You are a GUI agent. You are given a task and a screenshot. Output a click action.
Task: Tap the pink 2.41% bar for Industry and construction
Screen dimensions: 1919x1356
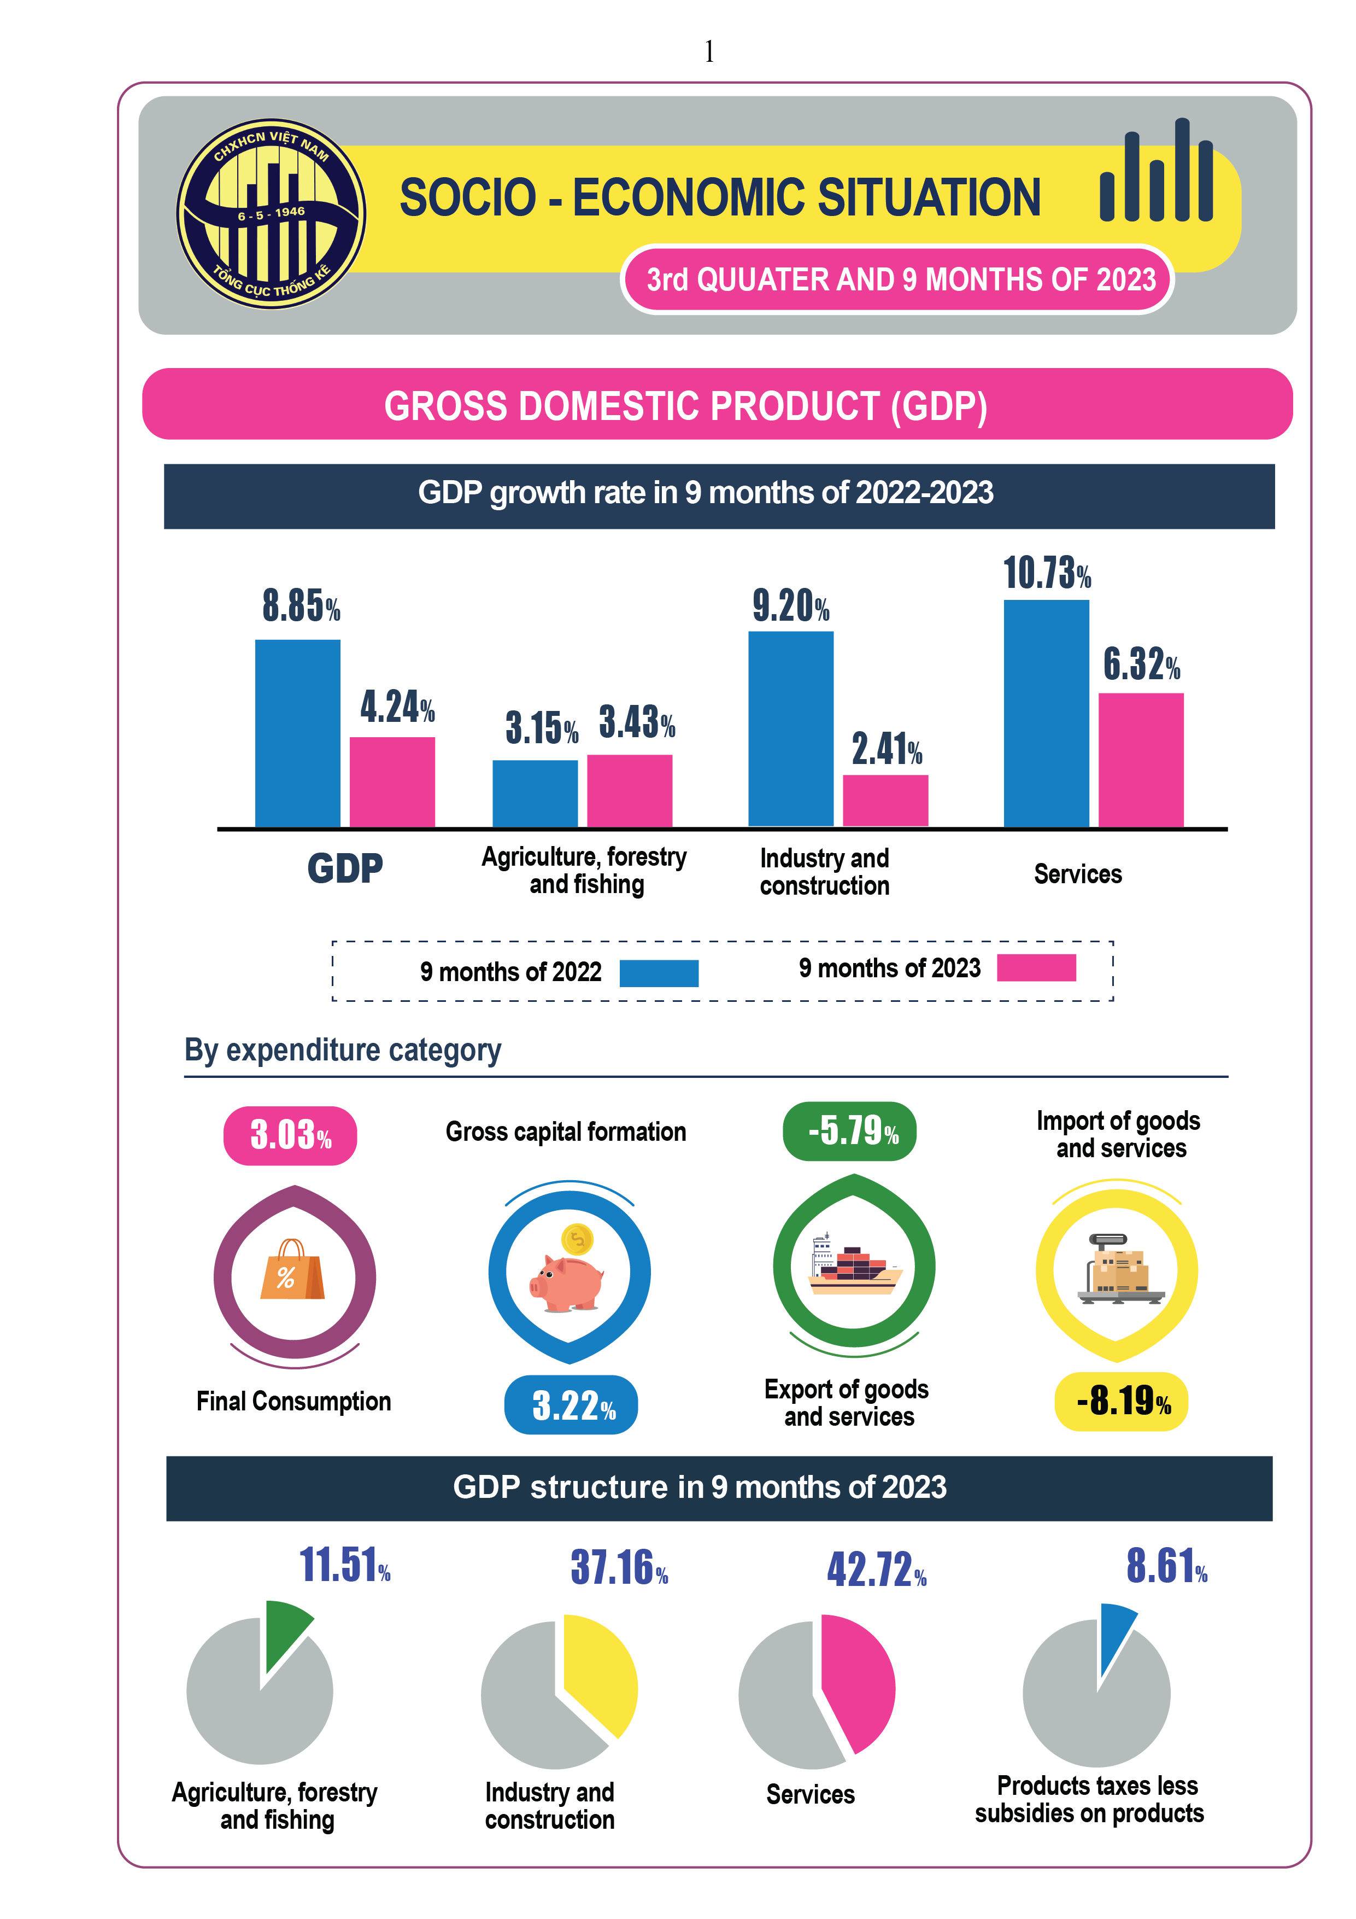(x=885, y=801)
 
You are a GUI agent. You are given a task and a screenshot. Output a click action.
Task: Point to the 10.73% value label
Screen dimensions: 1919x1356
(x=1047, y=573)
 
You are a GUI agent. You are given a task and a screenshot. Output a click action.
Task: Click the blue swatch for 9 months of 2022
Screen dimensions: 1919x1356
(x=659, y=973)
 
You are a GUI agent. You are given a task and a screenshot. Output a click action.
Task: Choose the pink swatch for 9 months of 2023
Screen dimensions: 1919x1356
(x=1036, y=968)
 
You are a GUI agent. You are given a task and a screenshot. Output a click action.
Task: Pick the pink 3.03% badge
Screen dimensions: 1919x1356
(x=290, y=1135)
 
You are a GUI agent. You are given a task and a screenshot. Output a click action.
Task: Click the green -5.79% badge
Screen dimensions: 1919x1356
(x=850, y=1131)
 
